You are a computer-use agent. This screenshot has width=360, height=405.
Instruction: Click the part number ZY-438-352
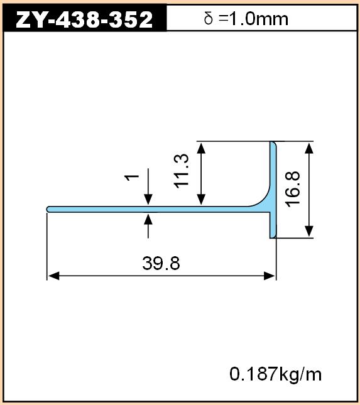click(x=84, y=19)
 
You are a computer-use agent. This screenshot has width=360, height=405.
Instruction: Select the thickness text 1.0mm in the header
click(x=259, y=19)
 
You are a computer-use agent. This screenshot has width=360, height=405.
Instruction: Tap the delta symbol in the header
click(x=209, y=19)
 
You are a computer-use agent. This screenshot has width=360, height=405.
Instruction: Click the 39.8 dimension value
click(x=161, y=263)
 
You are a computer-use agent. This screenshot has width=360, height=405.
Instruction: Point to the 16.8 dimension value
click(x=292, y=190)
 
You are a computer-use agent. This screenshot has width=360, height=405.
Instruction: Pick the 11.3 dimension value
click(x=182, y=171)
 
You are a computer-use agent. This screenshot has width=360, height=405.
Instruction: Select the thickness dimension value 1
click(x=132, y=178)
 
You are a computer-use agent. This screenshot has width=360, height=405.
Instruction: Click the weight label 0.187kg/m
click(x=275, y=374)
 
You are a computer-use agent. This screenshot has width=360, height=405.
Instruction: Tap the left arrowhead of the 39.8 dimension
click(x=53, y=276)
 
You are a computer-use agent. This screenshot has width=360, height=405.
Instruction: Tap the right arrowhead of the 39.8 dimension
click(x=269, y=276)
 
